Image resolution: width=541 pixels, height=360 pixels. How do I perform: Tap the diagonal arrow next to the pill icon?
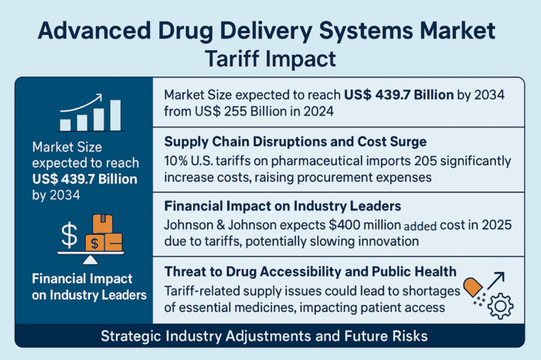[x=498, y=280]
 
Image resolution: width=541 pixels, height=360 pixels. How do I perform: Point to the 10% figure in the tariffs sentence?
[x=177, y=161]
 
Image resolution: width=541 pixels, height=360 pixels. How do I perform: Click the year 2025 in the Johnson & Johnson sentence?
[x=487, y=225]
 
